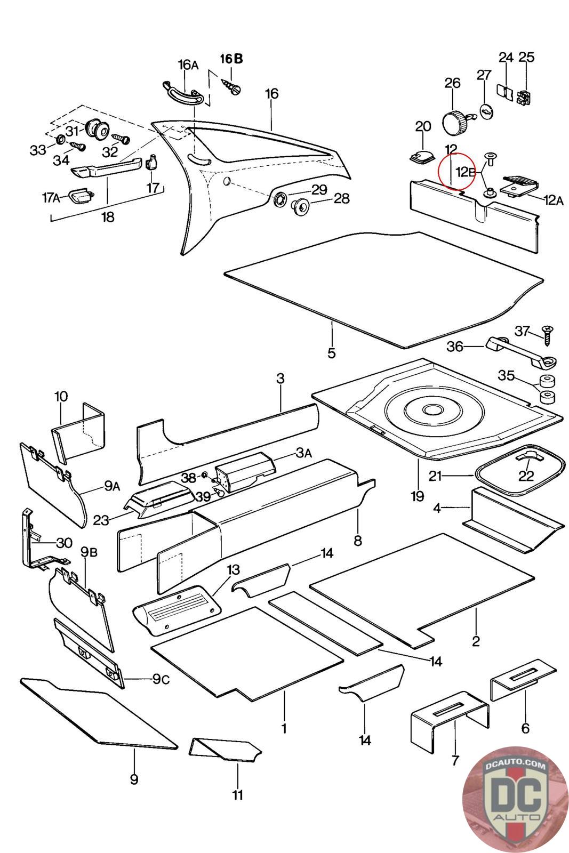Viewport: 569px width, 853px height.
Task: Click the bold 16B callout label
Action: pyautogui.click(x=231, y=59)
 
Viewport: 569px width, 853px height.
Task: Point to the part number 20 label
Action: pyautogui.click(x=423, y=126)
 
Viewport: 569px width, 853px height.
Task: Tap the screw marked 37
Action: pyautogui.click(x=547, y=335)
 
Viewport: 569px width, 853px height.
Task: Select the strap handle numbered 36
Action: pyautogui.click(x=521, y=352)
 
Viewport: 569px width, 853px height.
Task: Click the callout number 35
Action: pyautogui.click(x=506, y=375)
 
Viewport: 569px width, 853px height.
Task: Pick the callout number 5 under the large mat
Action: pyautogui.click(x=331, y=353)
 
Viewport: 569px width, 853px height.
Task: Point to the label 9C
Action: pyautogui.click(x=161, y=679)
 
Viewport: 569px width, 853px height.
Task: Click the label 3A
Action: pyautogui.click(x=303, y=453)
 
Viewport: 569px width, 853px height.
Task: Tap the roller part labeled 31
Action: pyautogui.click(x=97, y=128)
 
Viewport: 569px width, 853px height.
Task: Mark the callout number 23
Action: pyautogui.click(x=101, y=520)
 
